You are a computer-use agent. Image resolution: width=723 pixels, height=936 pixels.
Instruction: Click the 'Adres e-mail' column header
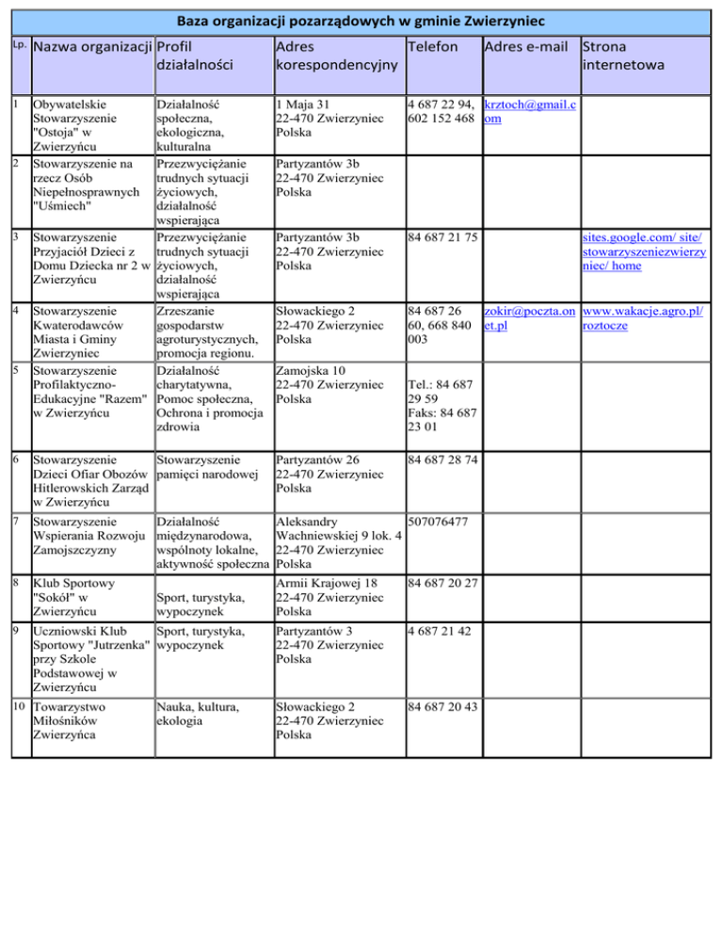(528, 46)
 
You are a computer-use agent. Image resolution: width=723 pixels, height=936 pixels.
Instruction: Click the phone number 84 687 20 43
(442, 706)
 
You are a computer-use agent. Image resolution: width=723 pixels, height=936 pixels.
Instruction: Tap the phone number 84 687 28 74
(442, 460)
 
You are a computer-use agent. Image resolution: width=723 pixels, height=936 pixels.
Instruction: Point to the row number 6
(10, 459)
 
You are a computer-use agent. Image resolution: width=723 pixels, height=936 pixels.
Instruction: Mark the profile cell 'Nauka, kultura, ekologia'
(198, 713)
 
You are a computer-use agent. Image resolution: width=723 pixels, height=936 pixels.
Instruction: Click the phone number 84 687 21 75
(442, 238)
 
